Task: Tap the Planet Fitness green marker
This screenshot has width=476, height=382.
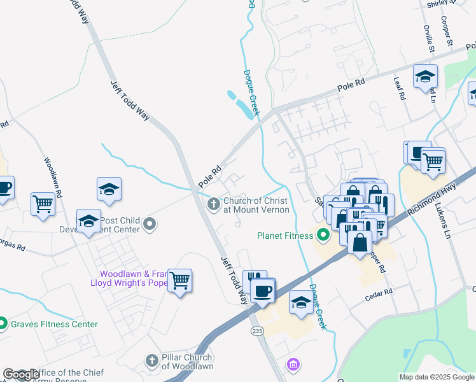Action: (323, 236)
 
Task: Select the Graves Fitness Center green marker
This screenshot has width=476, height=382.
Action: (3, 324)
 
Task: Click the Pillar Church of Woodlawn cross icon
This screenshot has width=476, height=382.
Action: (151, 361)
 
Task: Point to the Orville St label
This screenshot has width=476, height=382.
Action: (429, 39)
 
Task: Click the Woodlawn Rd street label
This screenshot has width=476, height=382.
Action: (53, 177)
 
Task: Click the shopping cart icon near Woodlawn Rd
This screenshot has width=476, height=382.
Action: (43, 204)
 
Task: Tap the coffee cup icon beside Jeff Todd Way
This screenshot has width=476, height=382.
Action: (262, 291)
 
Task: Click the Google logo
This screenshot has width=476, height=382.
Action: (20, 375)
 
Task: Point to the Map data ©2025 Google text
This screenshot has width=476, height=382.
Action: (436, 377)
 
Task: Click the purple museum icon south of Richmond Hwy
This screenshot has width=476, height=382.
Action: (293, 365)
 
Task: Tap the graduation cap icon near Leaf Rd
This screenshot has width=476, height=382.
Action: (424, 77)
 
